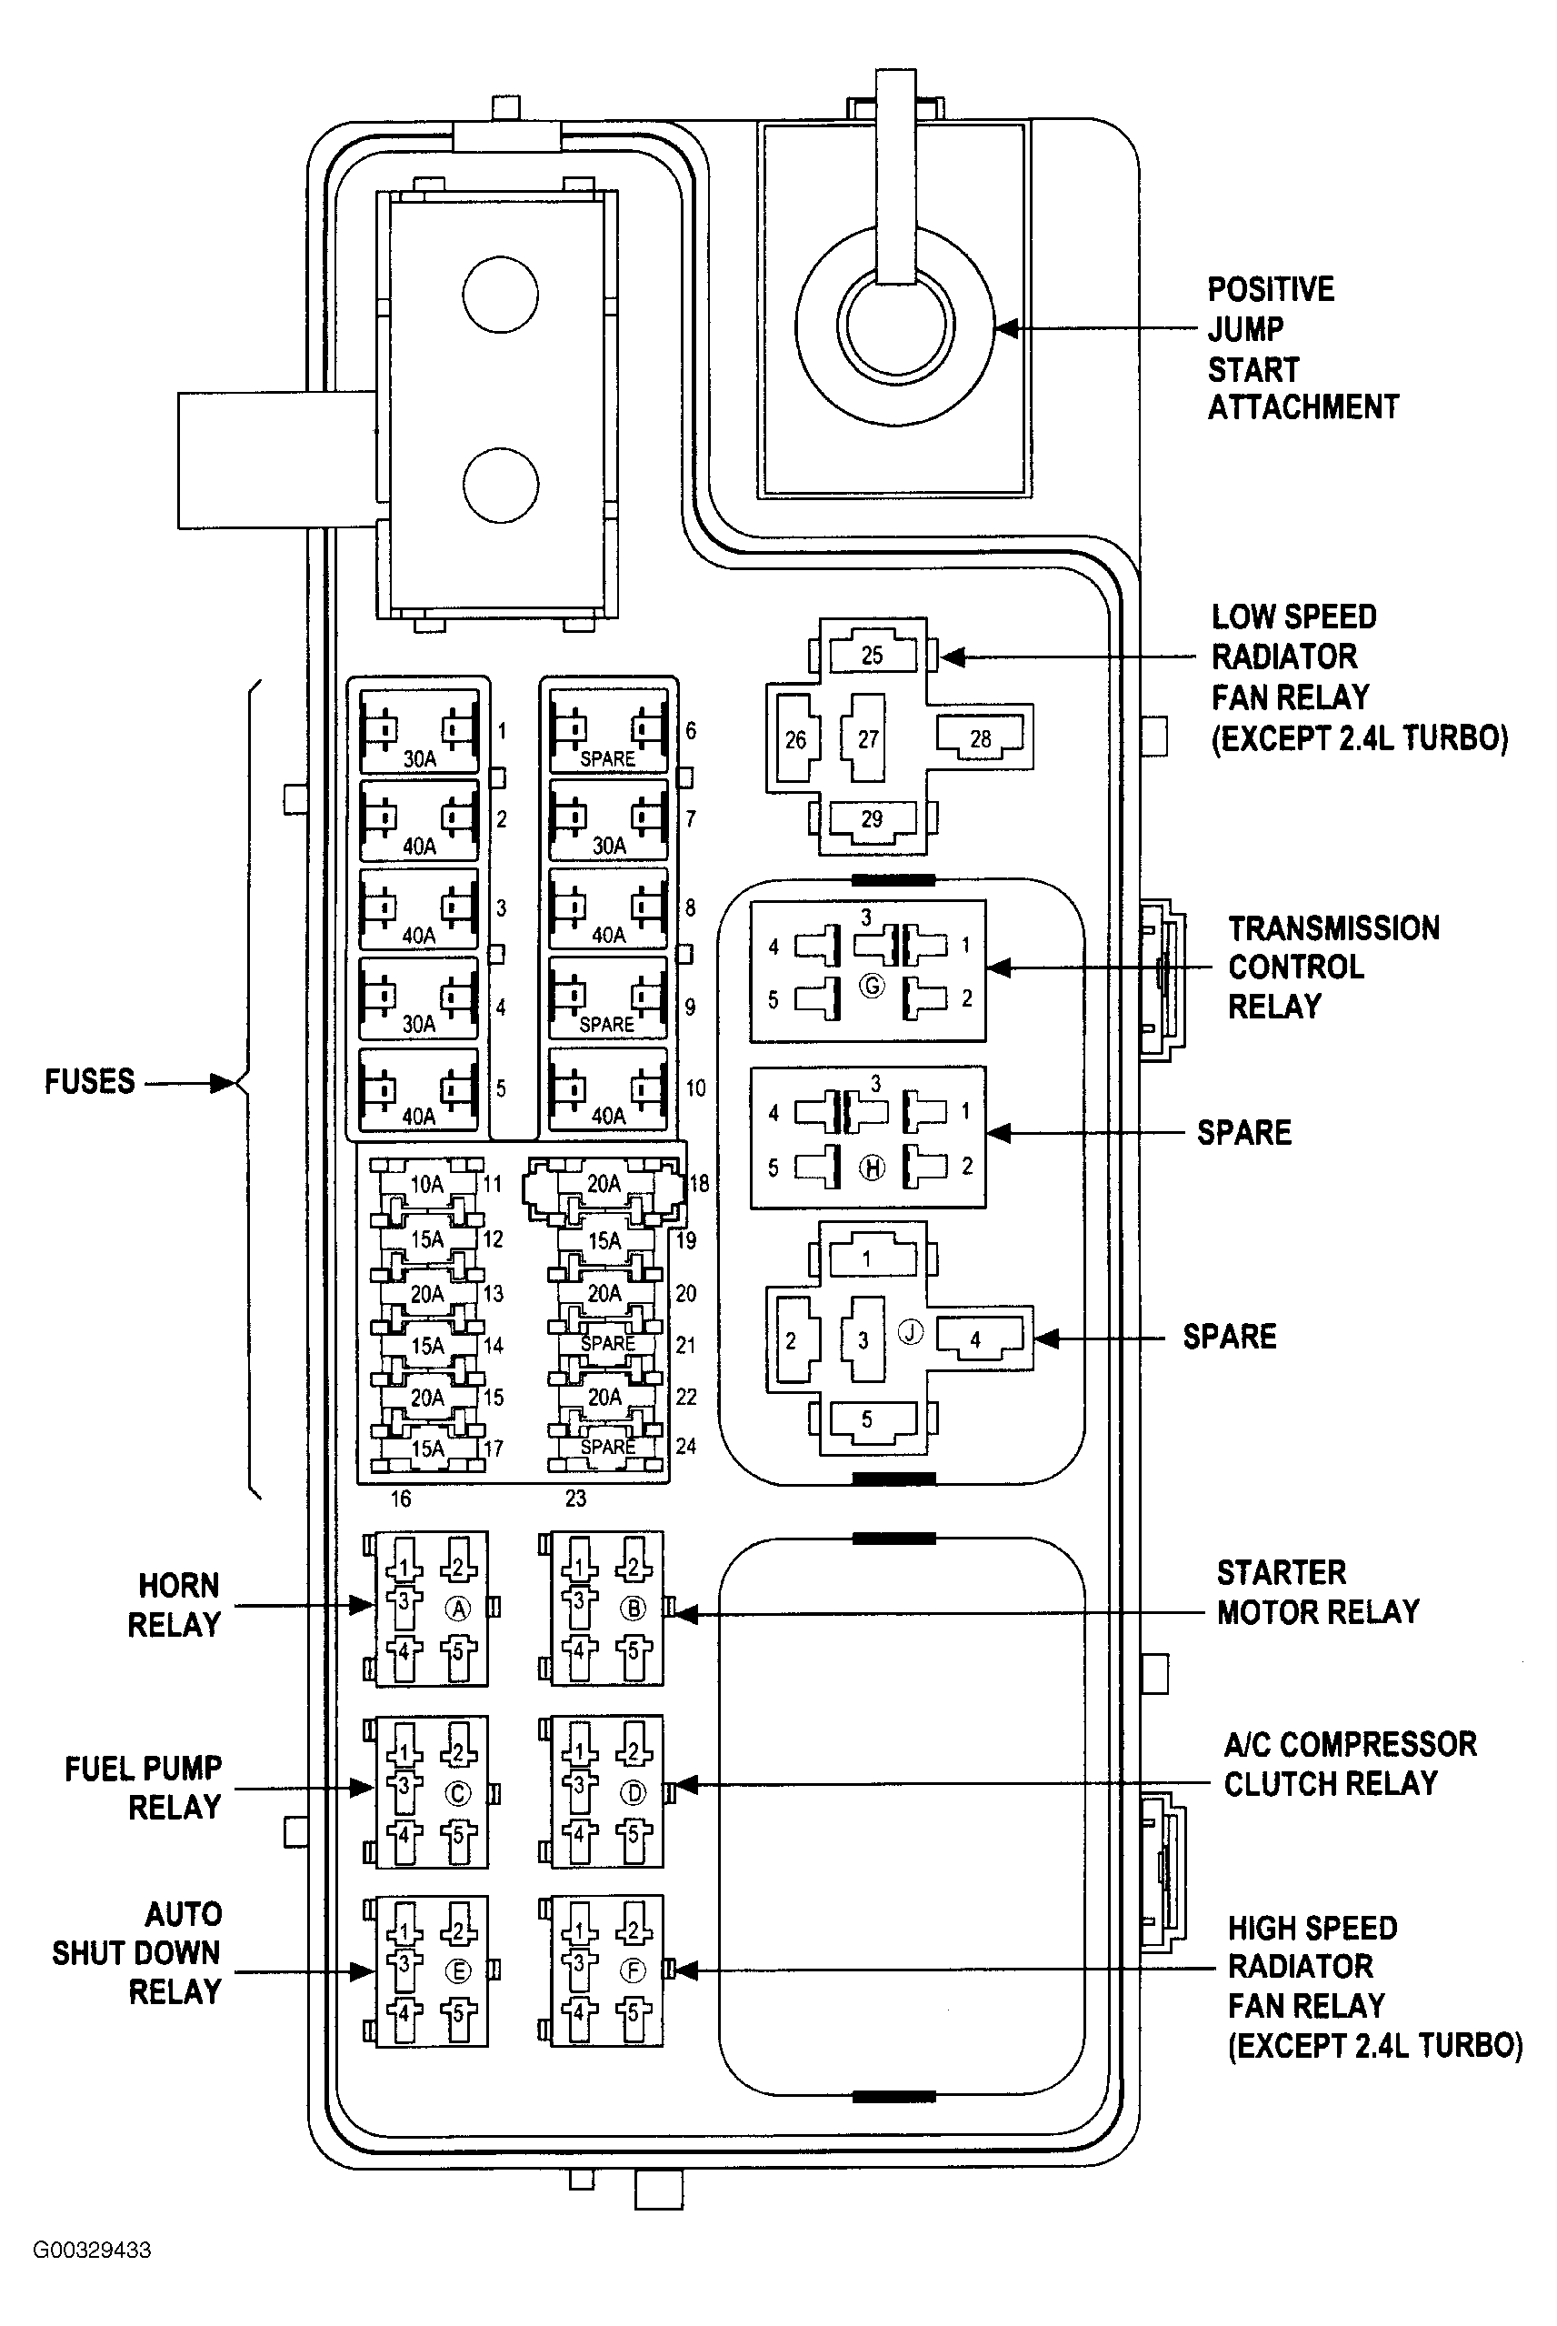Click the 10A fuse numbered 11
[x=427, y=1183]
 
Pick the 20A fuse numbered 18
[x=604, y=1183]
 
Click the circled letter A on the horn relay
[x=458, y=1608]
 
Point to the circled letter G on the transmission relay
[x=872, y=987]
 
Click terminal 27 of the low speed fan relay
[x=867, y=739]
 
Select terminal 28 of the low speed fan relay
[x=980, y=739]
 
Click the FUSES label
[x=89, y=1081]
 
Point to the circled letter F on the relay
[x=633, y=1970]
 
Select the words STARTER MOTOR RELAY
[x=1317, y=1592]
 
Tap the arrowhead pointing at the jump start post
[x=1007, y=327]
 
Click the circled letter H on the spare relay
[x=872, y=1168]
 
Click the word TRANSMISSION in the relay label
[x=1332, y=928]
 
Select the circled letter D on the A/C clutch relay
[x=633, y=1792]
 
